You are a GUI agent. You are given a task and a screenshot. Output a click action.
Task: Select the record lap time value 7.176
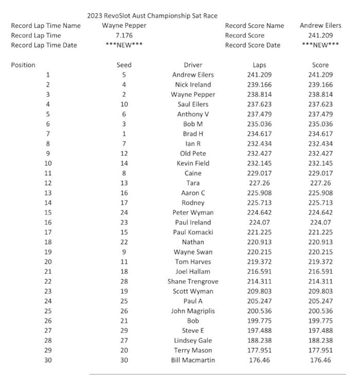point(123,35)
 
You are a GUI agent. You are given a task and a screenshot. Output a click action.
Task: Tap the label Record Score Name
point(254,26)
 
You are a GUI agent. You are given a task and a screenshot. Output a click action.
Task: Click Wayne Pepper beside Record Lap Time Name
point(123,26)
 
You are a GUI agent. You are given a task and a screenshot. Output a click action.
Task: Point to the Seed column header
point(124,65)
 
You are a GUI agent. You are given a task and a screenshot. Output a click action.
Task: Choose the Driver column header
point(193,65)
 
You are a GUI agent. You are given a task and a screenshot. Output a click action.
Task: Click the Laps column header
point(260,65)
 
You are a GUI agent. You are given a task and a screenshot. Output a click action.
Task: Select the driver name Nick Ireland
point(193,85)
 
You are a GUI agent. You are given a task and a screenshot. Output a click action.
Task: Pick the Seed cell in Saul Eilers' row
point(124,104)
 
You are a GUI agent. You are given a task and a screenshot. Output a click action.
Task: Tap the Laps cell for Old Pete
point(260,154)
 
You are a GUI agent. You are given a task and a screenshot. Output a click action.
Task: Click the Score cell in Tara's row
point(320,183)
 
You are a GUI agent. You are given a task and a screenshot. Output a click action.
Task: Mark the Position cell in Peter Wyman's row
point(48,212)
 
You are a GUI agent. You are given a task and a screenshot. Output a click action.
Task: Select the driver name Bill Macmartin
point(193,360)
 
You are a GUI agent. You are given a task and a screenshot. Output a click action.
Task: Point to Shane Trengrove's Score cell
point(320,281)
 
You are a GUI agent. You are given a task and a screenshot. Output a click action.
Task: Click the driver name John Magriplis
point(193,311)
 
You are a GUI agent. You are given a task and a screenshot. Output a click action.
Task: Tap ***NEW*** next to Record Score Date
point(320,45)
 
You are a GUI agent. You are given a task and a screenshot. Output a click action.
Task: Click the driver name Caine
point(193,173)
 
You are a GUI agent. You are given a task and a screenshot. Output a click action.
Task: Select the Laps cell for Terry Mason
point(260,350)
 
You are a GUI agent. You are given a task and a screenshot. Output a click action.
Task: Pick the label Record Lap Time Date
point(44,45)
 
